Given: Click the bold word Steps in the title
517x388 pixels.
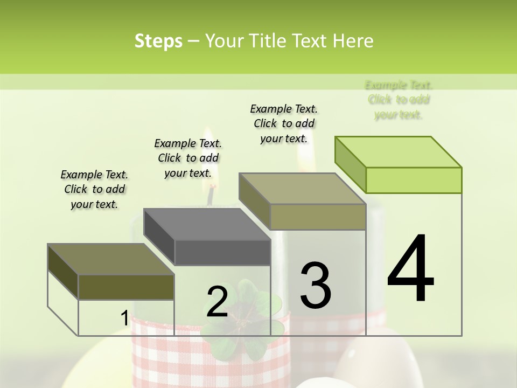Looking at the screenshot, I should coord(158,41).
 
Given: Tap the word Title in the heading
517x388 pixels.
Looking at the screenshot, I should coord(268,41).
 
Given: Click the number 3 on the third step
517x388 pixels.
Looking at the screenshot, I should coord(316,285).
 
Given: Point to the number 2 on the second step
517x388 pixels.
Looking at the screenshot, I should coord(217,302).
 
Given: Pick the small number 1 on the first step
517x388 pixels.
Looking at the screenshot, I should coord(124,318).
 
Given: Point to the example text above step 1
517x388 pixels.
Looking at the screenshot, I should coord(94,189).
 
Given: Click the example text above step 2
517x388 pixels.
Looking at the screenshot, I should coord(188,158).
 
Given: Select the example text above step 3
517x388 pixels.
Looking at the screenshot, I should coord(284,123).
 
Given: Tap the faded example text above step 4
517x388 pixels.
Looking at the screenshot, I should coord(399,100).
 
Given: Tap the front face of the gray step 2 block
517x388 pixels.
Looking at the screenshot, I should coord(222,252).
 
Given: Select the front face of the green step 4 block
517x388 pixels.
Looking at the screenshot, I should coord(414,180).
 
